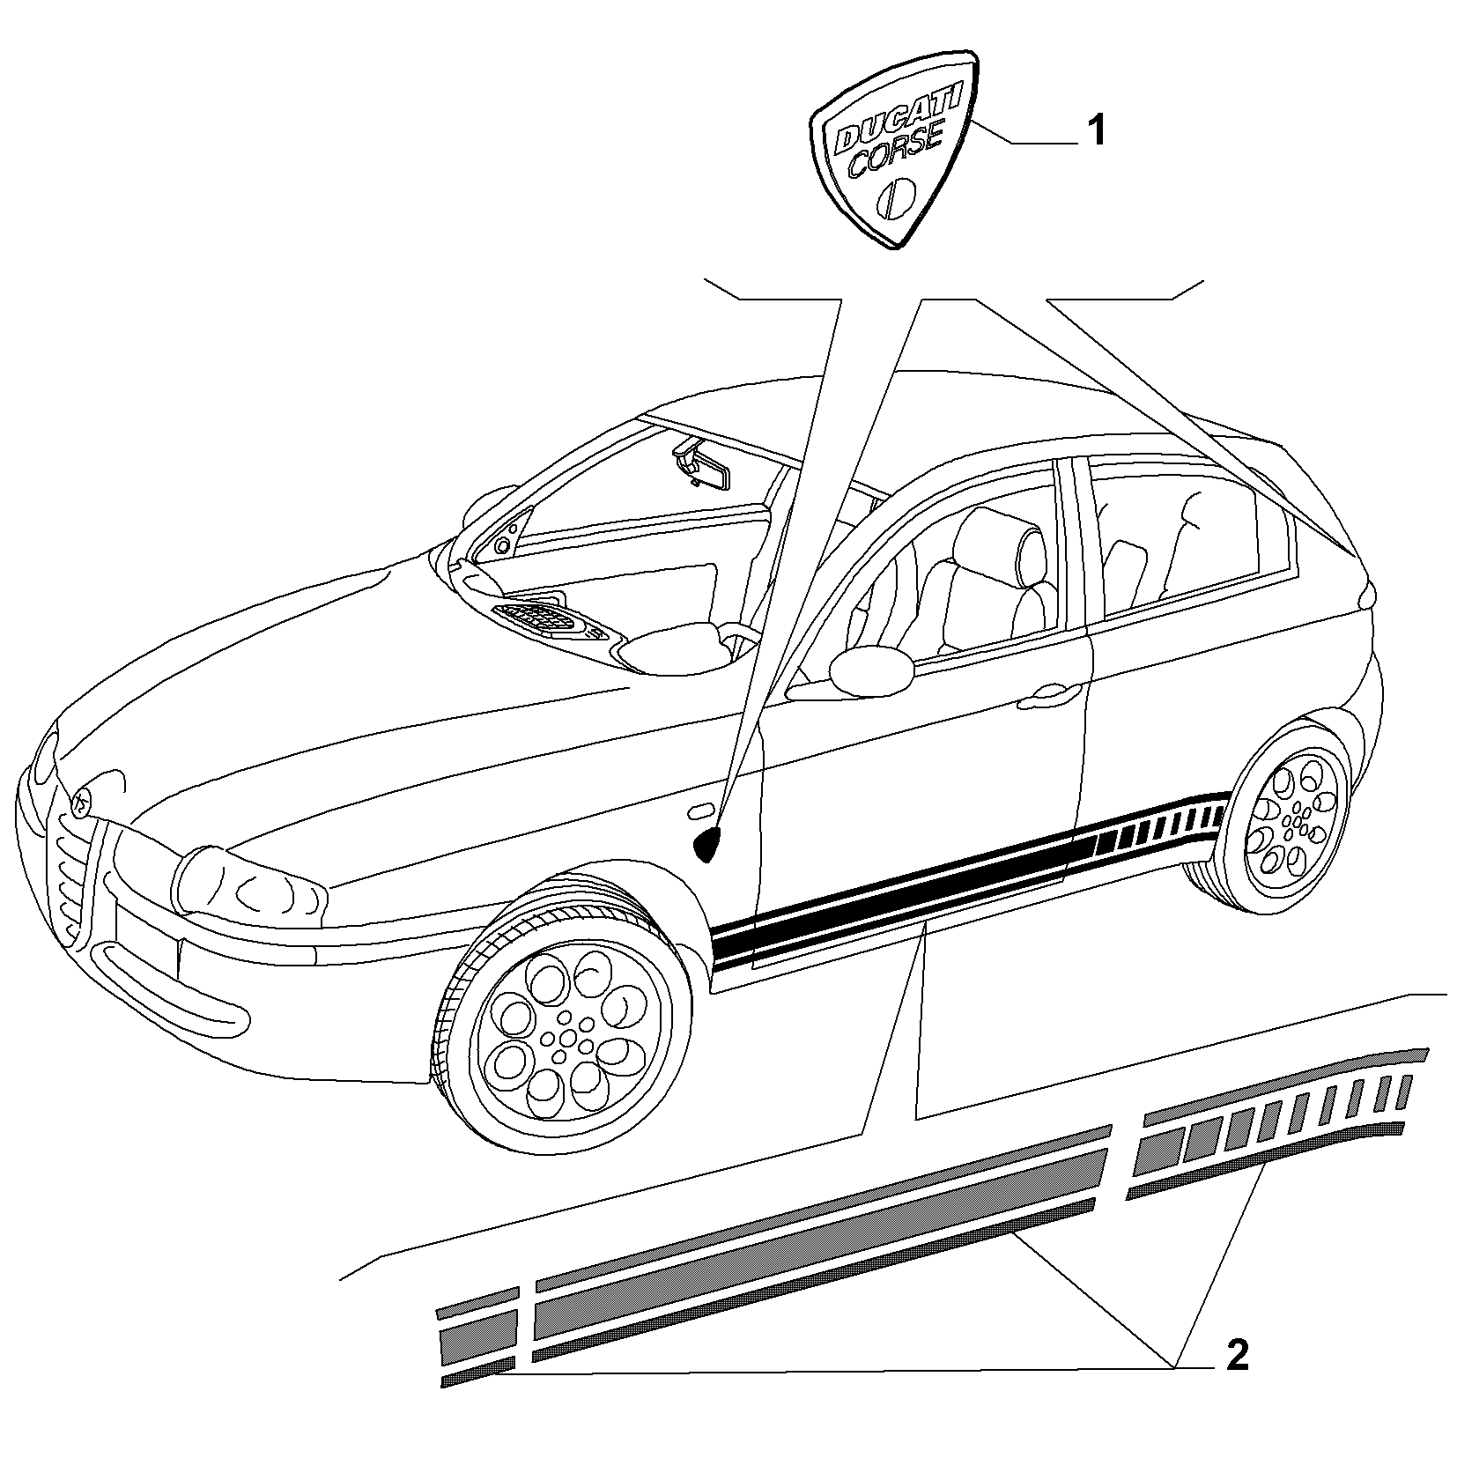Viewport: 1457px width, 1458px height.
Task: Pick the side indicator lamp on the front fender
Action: pos(702,809)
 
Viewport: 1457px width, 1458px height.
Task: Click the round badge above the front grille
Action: pos(81,803)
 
